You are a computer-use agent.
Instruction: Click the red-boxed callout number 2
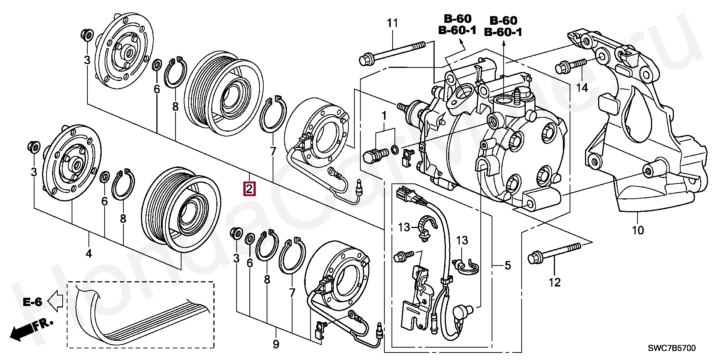[250, 189]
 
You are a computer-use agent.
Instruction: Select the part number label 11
[392, 23]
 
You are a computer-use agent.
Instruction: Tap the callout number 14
[582, 88]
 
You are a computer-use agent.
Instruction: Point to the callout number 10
[638, 230]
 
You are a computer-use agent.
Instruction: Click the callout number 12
[555, 282]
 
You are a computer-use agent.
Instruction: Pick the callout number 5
[507, 265]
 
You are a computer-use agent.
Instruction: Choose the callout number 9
[276, 344]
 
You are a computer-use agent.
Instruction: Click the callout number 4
[88, 254]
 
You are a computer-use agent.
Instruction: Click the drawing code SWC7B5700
[672, 348]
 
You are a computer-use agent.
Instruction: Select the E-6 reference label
[32, 302]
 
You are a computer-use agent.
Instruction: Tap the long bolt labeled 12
[555, 252]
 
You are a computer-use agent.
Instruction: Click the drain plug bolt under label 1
[375, 154]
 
